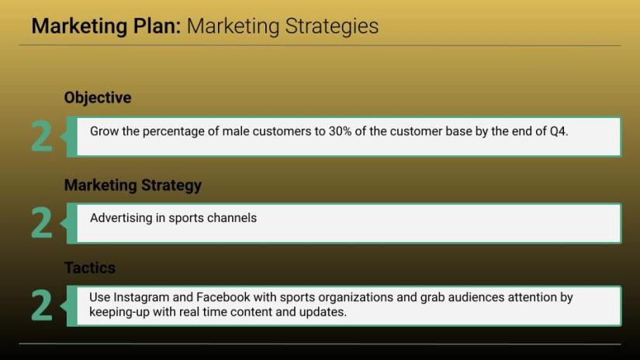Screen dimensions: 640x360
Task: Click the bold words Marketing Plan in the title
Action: tap(106, 26)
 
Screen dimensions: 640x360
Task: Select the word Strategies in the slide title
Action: tap(332, 27)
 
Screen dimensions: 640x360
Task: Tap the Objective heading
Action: tap(98, 98)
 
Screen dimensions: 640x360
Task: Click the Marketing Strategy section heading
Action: tap(133, 185)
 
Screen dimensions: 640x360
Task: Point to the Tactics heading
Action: tap(90, 268)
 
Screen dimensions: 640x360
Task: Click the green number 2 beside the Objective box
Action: tap(42, 136)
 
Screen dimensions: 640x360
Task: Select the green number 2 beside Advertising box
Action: tap(42, 223)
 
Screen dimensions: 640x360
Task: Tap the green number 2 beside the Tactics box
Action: tap(42, 305)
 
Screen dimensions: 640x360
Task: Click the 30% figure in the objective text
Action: tap(340, 131)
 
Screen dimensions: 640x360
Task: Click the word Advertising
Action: tap(121, 218)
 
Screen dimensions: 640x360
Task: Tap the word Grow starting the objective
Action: tap(104, 131)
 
